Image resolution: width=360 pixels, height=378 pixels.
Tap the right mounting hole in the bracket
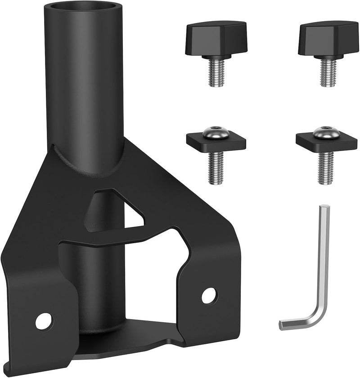[208, 295]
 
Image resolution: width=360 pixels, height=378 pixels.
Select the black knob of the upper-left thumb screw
[215, 38]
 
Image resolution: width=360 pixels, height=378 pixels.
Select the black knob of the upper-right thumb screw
[328, 38]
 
